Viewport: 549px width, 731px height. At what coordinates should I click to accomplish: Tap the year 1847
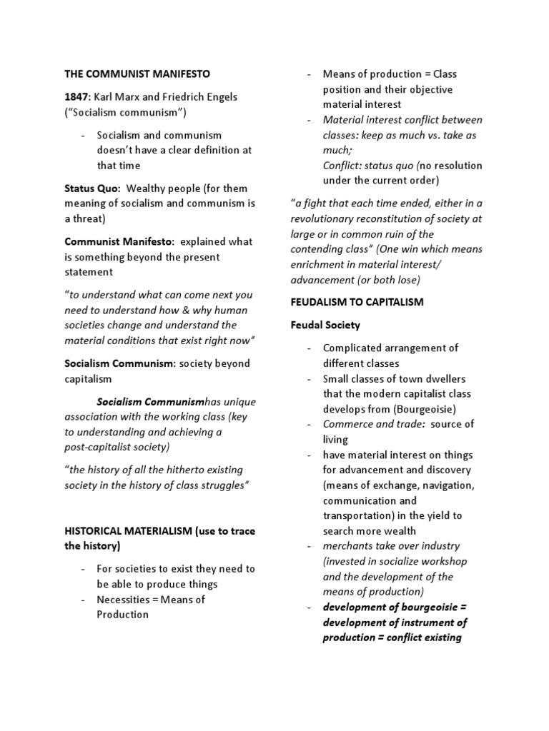(x=78, y=96)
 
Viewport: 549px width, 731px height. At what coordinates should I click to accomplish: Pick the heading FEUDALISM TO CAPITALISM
(x=357, y=302)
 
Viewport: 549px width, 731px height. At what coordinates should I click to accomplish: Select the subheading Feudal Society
(x=325, y=325)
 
